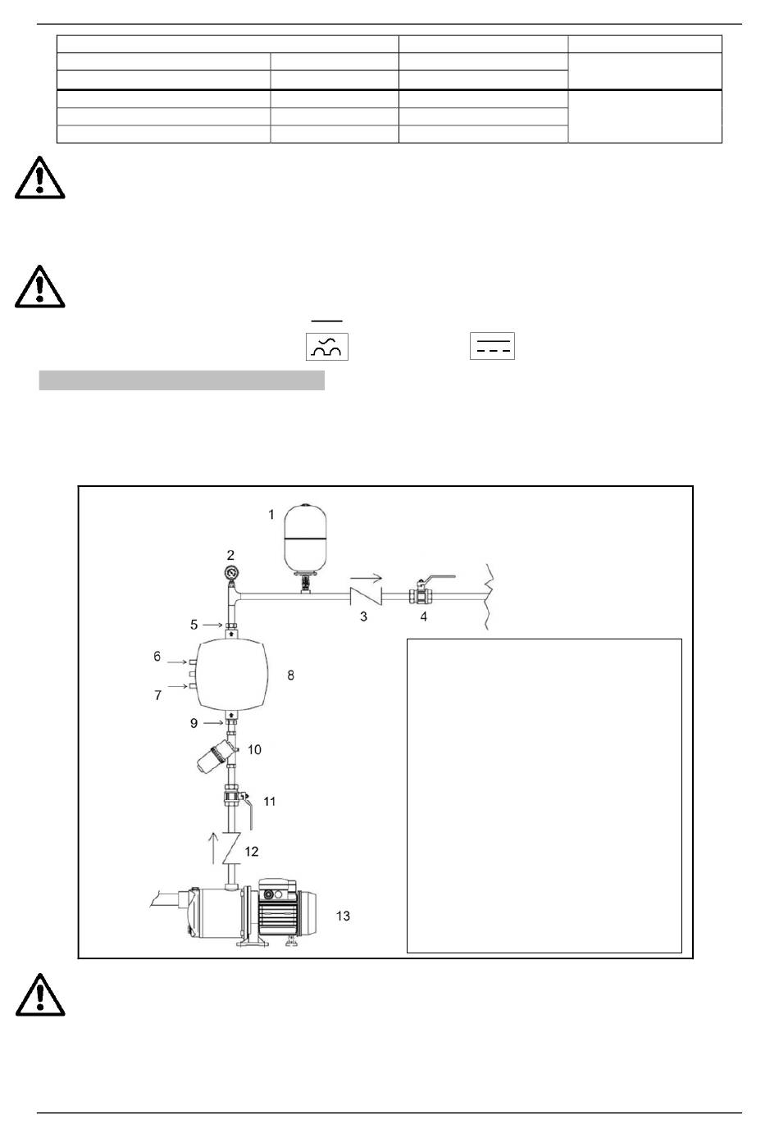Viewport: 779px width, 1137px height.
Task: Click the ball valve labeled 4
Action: click(421, 594)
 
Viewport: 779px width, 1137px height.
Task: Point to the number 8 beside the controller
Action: click(290, 675)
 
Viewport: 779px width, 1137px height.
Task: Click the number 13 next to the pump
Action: click(343, 916)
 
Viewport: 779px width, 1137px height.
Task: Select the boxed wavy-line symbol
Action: click(327, 347)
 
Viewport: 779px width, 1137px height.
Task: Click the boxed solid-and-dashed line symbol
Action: click(492, 347)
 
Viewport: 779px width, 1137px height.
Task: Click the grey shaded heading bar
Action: click(181, 380)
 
